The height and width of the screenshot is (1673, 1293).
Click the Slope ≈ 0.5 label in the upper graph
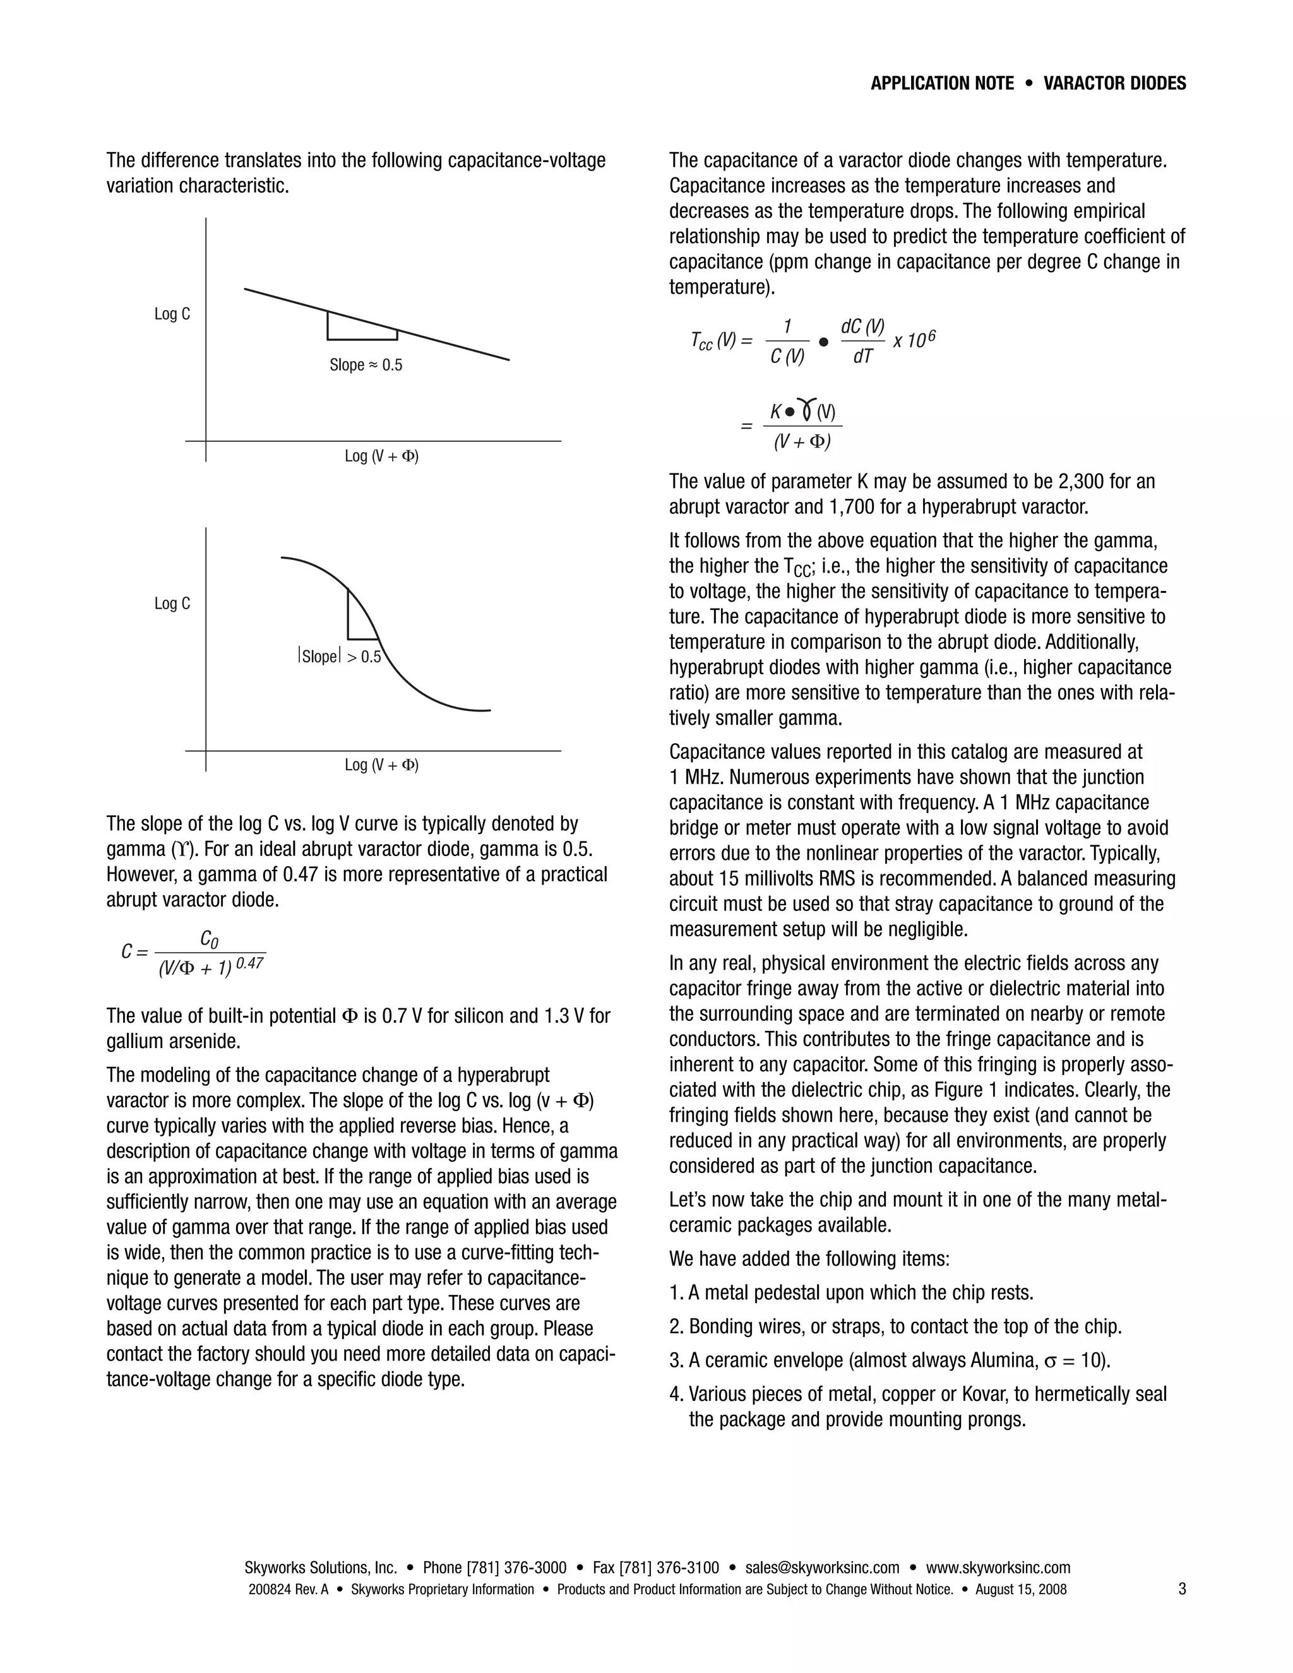366,366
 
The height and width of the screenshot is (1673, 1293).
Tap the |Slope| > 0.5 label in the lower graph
339,657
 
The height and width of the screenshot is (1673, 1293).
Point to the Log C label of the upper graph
172,314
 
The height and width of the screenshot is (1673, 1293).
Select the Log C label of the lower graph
172,604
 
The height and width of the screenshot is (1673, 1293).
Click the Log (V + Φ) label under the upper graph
381,456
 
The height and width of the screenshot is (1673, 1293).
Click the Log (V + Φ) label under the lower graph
381,765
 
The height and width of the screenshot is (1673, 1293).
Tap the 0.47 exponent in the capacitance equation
250,963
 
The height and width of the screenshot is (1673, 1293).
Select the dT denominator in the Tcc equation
862,357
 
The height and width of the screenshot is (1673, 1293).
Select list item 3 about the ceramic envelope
890,1360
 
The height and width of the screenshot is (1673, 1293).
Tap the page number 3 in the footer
1182,1589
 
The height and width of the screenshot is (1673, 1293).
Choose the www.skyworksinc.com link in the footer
998,1568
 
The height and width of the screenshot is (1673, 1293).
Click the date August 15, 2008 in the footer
1020,1590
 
